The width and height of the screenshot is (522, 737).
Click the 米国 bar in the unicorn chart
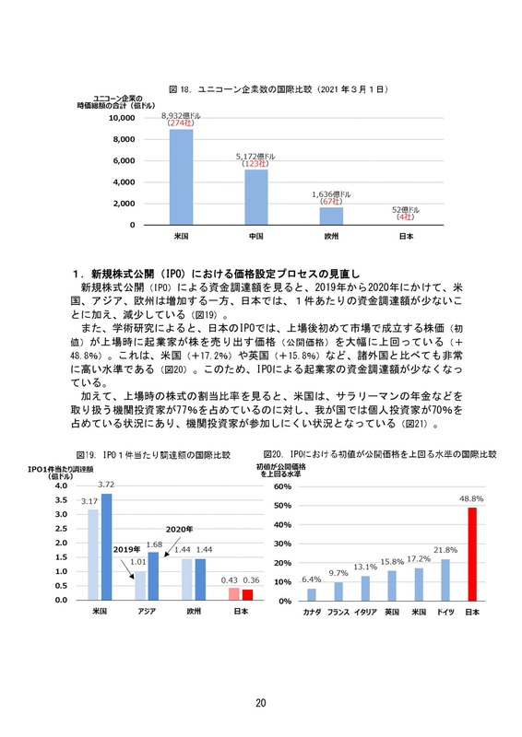181,177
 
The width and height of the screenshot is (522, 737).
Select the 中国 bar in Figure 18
255,196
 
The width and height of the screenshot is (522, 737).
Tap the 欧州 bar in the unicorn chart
330,216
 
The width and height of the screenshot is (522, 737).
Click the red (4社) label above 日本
405,217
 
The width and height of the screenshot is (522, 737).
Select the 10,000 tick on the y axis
122,118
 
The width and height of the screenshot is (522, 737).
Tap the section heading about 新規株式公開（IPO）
219,275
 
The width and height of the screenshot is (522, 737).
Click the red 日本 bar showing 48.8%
472,554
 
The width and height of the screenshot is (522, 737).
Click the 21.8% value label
446,550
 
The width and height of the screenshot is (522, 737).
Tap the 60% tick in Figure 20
283,486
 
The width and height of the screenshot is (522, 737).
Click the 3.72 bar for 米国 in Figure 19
106,546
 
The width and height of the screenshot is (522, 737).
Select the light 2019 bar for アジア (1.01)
140,585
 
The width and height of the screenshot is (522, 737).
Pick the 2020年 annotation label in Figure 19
179,529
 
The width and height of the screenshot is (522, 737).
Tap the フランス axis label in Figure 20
338,612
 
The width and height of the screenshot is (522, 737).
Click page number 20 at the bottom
261,703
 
